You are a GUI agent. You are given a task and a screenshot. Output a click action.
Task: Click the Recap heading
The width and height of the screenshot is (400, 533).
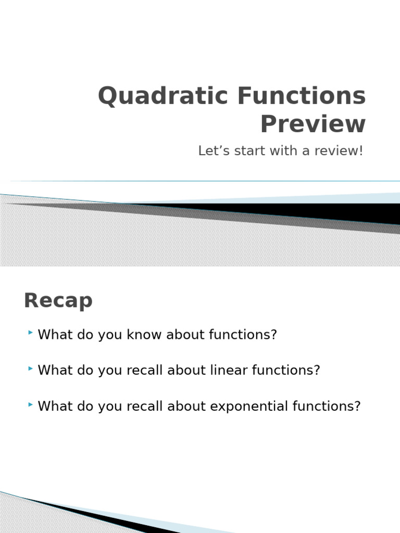tap(58, 301)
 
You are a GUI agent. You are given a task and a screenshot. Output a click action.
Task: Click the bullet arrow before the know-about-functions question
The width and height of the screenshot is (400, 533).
tap(32, 332)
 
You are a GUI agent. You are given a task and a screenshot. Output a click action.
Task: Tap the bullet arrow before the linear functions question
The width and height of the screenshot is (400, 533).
tap(32, 368)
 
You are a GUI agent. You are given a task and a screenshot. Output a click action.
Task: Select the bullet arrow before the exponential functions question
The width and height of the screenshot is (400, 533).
tap(32, 404)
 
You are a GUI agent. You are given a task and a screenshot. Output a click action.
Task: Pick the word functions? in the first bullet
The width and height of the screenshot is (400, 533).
tap(243, 335)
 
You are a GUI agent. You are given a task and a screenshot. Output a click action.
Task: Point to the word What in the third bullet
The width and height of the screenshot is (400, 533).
tap(54, 407)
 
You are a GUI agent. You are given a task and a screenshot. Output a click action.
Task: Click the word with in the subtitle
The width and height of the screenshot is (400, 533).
tap(280, 151)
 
